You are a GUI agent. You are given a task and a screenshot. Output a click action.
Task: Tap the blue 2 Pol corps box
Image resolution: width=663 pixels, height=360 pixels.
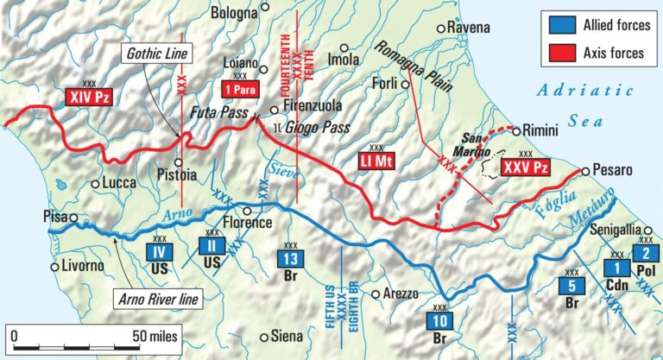645,253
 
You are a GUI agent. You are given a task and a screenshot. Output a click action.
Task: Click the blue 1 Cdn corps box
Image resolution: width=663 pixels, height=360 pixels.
616,267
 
